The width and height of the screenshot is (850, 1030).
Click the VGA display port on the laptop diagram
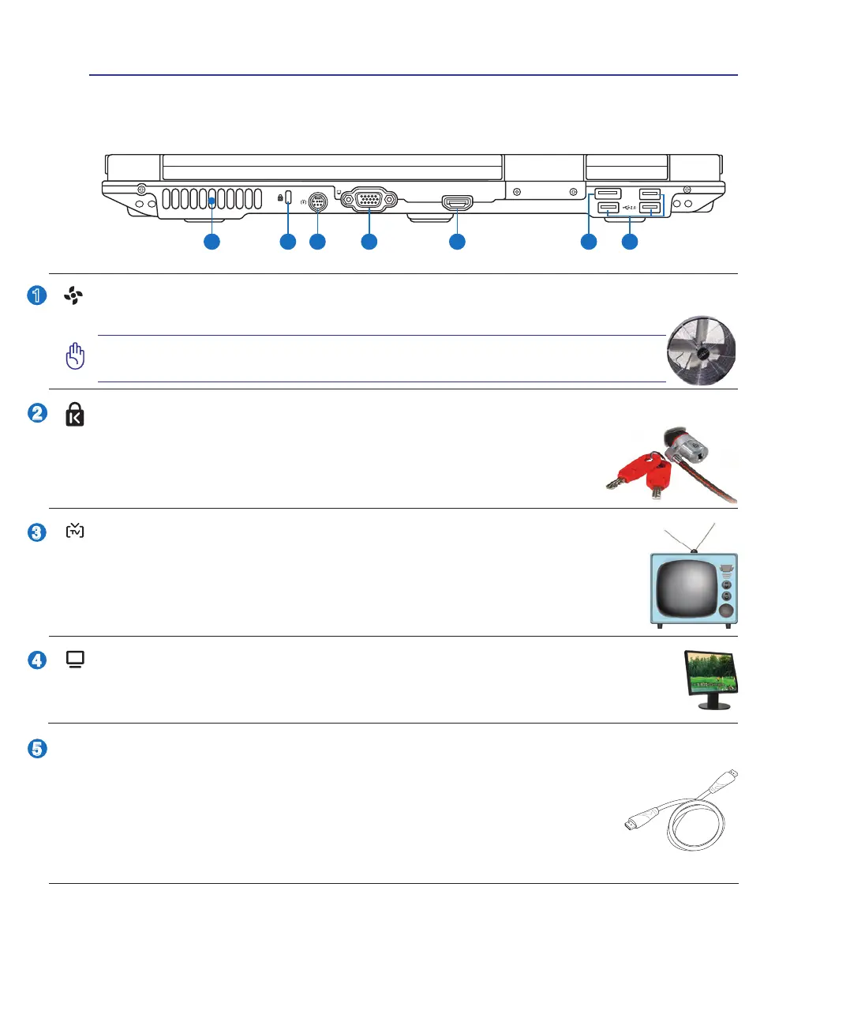(x=369, y=200)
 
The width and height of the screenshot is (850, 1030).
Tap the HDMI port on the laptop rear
(x=458, y=203)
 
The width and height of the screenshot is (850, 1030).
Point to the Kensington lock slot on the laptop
(x=288, y=197)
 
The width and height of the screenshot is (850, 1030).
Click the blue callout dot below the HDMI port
(x=457, y=242)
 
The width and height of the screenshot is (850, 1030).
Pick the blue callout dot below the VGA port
(x=369, y=242)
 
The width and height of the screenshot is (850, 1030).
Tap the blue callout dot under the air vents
(x=212, y=242)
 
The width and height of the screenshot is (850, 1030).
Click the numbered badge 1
(x=37, y=295)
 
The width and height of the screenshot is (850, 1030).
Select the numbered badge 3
(x=37, y=532)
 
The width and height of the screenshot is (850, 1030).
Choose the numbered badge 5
(x=37, y=749)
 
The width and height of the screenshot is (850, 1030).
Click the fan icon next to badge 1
(x=73, y=295)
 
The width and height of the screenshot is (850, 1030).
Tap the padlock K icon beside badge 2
(x=75, y=415)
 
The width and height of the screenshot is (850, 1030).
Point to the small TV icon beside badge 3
(x=75, y=531)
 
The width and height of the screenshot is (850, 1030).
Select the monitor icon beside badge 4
(x=76, y=660)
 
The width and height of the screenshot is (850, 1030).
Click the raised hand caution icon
(x=75, y=356)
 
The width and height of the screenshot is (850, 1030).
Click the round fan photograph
(x=701, y=351)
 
